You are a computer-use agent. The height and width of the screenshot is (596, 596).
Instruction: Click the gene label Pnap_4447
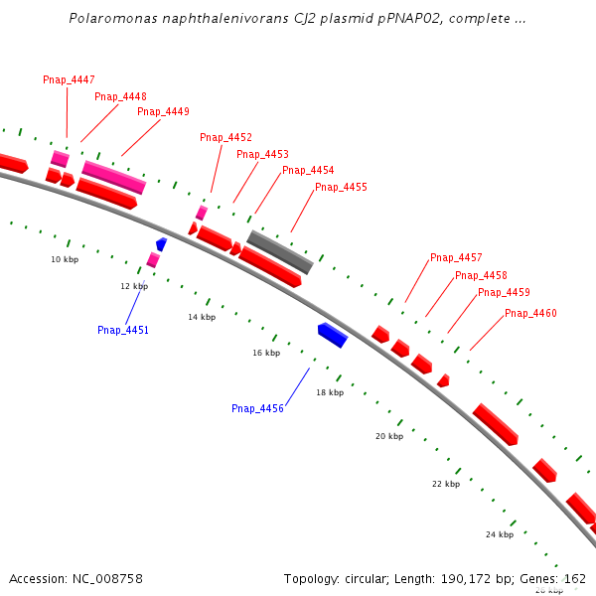pos(69,79)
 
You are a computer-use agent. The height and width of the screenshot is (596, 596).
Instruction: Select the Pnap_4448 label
pos(120,96)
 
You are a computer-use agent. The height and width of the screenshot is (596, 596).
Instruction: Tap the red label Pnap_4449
pos(163,111)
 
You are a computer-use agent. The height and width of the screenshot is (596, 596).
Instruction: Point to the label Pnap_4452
pos(225,137)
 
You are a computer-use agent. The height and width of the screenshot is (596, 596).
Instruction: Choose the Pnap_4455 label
pos(341,187)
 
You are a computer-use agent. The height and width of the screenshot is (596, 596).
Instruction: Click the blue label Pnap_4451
pos(123,330)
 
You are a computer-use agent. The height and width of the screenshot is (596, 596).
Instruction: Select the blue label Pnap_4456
pos(257,408)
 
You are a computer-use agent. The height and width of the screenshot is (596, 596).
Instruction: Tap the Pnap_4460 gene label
pos(530,313)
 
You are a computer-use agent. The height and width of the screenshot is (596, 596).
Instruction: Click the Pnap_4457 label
pos(456,257)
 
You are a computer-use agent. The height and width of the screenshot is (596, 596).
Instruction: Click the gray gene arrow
pos(280,252)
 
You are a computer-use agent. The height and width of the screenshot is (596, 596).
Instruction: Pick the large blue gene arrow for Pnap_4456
pos(333,335)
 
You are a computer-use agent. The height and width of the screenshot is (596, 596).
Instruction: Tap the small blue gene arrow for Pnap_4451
pos(161,243)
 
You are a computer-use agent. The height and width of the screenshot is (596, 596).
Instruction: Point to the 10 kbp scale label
pos(65,259)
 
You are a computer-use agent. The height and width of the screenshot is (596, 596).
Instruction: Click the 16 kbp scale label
pos(266,353)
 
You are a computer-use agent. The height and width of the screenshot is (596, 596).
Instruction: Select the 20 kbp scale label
pos(389,436)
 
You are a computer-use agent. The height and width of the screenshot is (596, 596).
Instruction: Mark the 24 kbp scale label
pos(500,534)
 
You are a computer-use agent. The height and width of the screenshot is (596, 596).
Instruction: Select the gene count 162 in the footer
pos(575,578)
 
